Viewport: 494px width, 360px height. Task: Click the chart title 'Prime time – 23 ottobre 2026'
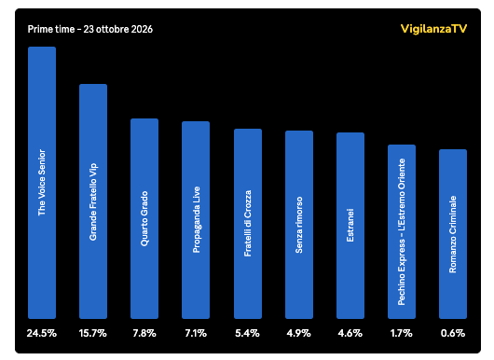click(x=90, y=29)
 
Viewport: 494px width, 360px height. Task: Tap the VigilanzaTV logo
click(x=433, y=29)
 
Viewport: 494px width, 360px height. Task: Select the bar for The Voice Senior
click(x=42, y=183)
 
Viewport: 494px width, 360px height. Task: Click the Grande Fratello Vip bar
click(x=93, y=201)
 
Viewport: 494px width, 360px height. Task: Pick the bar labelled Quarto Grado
click(x=144, y=219)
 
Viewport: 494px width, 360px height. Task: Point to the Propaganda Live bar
click(x=196, y=220)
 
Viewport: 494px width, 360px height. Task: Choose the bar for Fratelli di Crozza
click(x=248, y=224)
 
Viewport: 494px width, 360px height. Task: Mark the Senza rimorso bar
click(x=299, y=225)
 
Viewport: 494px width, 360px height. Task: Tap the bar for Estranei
click(x=350, y=226)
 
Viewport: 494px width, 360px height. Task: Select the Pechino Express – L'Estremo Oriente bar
click(x=402, y=231)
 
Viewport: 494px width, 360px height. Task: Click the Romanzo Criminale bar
click(x=453, y=234)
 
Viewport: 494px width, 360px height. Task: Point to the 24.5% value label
click(x=42, y=333)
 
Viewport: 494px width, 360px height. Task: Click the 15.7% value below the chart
click(x=93, y=333)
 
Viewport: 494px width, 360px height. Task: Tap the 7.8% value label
click(x=144, y=333)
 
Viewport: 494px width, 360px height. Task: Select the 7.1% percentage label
click(x=196, y=333)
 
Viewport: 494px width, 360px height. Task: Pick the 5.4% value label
click(x=248, y=333)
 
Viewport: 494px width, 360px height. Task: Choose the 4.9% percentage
click(x=299, y=333)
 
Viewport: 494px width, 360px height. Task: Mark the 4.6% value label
click(x=350, y=333)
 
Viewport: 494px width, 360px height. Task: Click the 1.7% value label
click(x=402, y=333)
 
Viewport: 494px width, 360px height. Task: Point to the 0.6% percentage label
click(x=453, y=333)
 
